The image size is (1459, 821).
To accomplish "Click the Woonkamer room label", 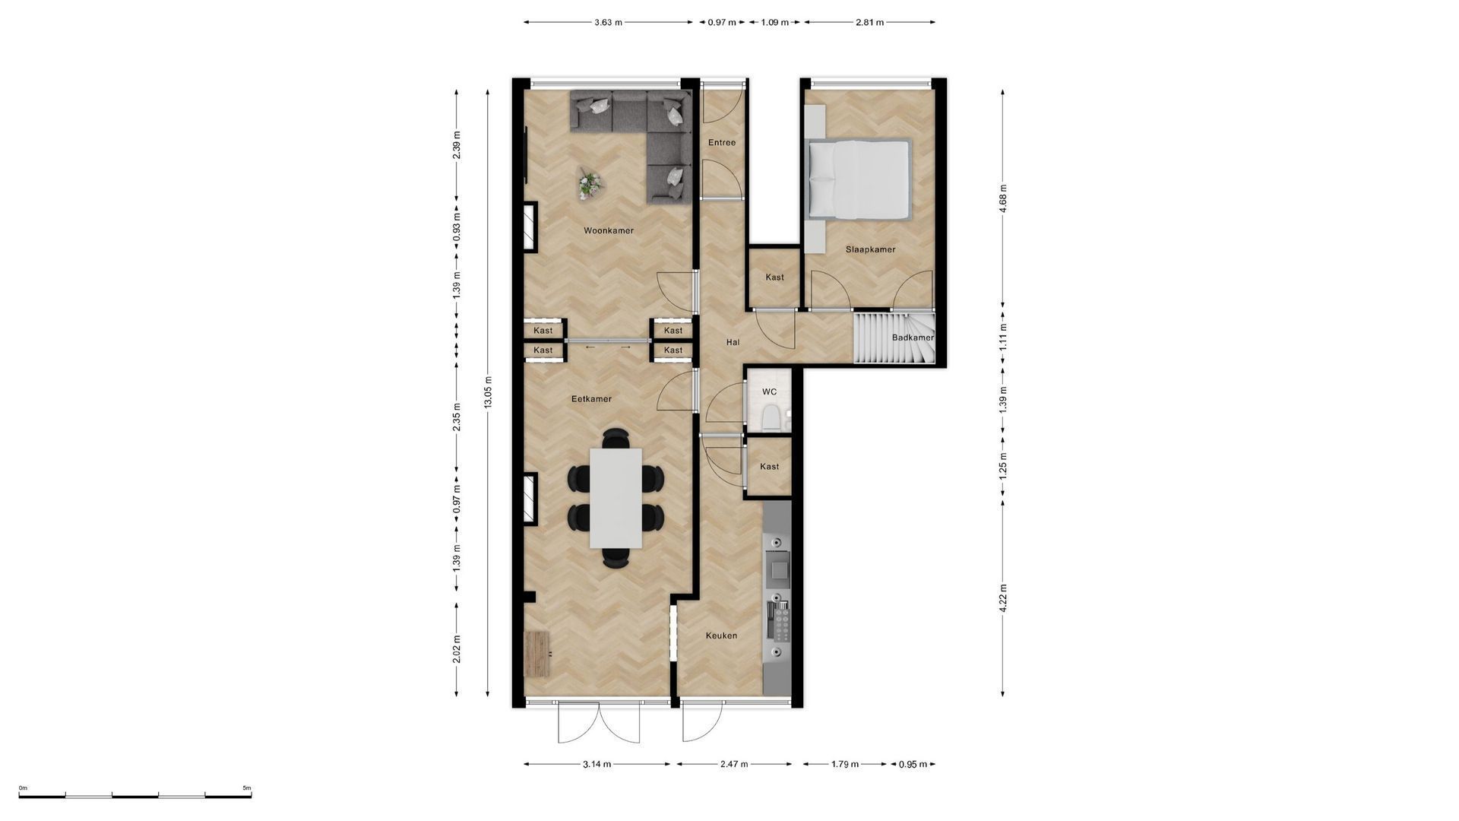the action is (608, 230).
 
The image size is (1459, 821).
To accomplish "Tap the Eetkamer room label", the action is (591, 398).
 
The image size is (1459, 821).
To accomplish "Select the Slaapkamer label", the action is (870, 249).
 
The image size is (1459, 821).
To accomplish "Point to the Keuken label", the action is (721, 636).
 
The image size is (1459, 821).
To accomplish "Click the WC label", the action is (769, 392).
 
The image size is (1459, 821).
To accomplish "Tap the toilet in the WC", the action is (769, 417).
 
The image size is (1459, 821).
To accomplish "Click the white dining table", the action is (616, 498).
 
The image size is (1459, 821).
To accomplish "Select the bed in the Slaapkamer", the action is (859, 179).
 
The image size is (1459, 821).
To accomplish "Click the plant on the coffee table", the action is (588, 183).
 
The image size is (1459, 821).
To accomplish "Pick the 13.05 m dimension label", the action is (489, 392).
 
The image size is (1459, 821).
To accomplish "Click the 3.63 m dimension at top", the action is (608, 22).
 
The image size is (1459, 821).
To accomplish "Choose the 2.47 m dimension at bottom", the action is (733, 764).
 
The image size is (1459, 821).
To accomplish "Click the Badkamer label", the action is (913, 338).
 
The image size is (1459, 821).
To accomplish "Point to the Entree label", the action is (722, 142).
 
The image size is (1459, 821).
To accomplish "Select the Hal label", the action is (733, 342).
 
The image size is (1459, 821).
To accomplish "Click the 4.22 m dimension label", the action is (1003, 598).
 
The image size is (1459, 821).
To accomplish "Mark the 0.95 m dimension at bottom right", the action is (913, 764).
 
